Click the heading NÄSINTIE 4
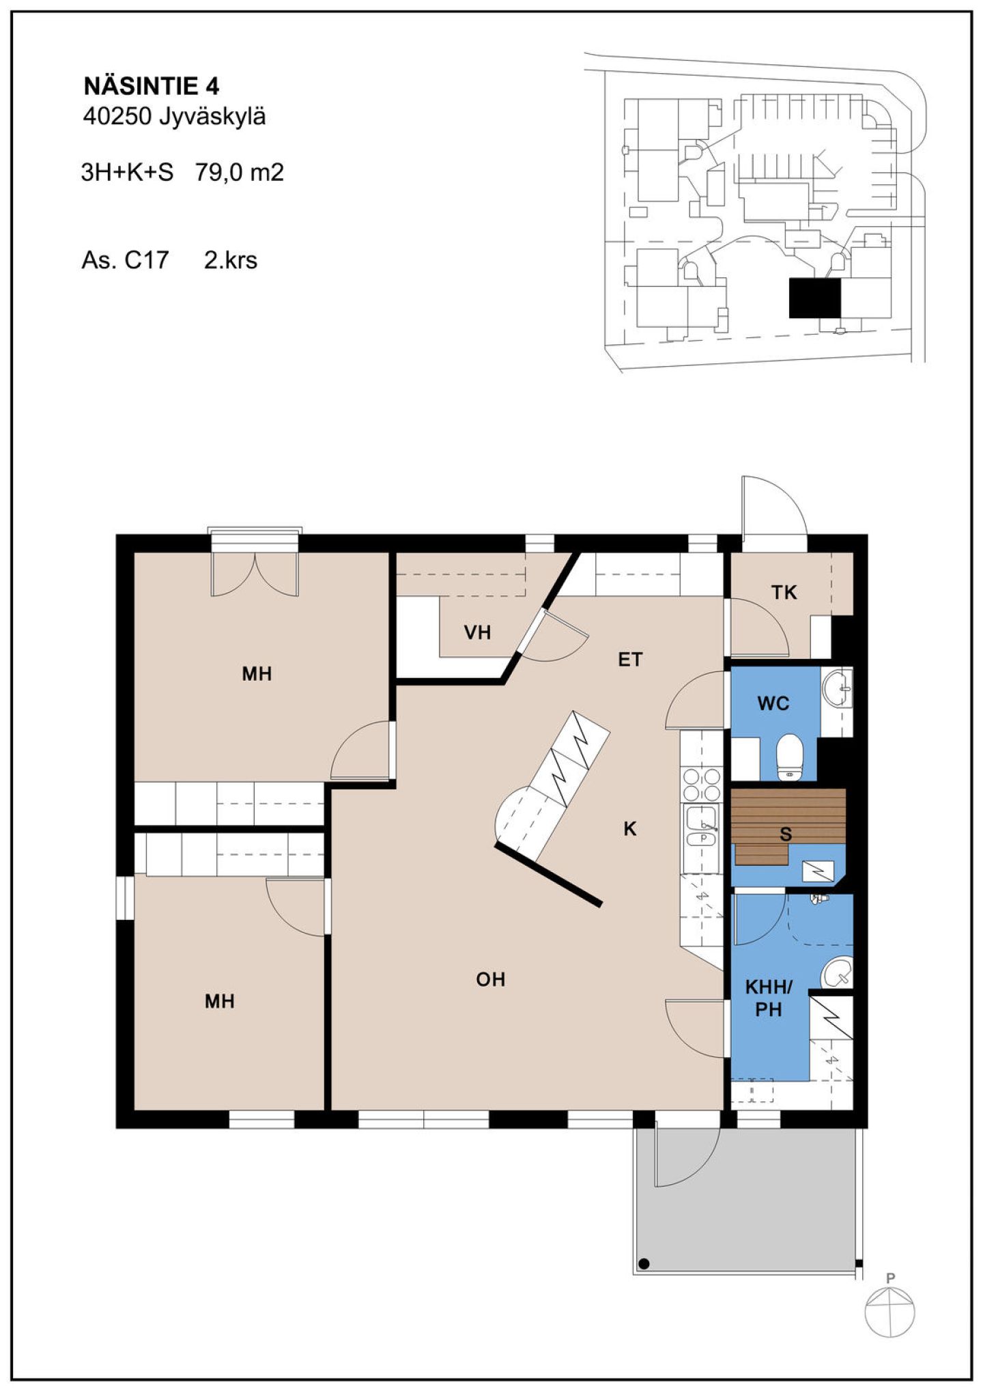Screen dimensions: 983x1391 (151, 86)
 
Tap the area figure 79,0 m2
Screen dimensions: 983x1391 (239, 172)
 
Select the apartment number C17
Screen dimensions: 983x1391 (146, 260)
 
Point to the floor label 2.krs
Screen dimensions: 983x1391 (231, 260)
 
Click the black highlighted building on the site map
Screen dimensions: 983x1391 (814, 298)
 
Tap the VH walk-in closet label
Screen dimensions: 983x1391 (477, 632)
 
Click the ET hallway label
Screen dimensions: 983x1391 (630, 659)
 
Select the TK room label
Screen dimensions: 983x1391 (784, 592)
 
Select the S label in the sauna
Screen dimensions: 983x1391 (786, 834)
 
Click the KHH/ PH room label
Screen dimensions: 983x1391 (769, 998)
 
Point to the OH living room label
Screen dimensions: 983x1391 (491, 979)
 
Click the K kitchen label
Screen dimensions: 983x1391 (630, 829)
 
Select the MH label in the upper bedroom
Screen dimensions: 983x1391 (257, 674)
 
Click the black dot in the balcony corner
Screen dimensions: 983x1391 (644, 1263)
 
